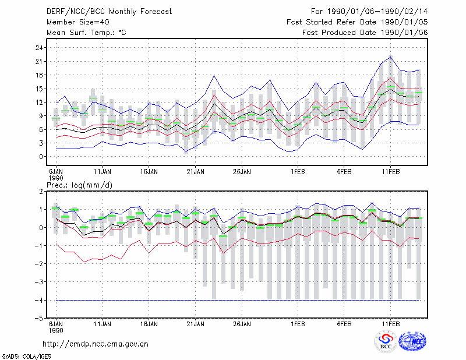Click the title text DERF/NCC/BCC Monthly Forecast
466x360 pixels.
109,12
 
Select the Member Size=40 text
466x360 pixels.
78,22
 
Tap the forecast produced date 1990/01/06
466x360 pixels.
404,33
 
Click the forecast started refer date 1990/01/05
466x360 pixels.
404,22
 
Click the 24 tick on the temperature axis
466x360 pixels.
39,48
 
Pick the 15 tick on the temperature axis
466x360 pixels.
39,89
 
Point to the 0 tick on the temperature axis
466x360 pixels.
41,157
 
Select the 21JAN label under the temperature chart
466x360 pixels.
195,172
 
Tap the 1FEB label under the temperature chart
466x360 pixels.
298,172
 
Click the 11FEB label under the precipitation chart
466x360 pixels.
390,324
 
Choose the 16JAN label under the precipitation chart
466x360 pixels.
149,324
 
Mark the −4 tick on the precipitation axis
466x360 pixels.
38,300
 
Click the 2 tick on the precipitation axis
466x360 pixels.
41,191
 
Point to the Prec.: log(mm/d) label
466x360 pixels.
80,185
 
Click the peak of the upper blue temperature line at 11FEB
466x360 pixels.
390,57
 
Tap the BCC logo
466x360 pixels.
386,342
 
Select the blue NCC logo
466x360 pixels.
412,341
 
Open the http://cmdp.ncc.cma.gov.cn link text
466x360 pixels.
96,344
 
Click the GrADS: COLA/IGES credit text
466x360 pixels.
27,357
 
